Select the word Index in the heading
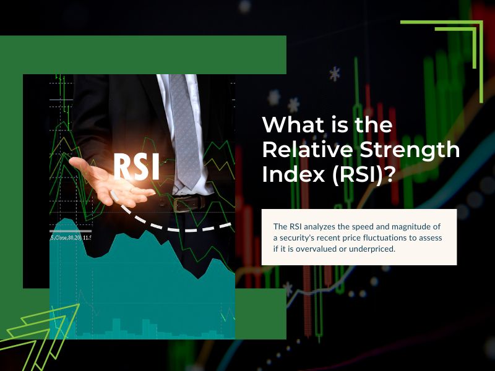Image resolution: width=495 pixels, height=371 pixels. click(x=293, y=174)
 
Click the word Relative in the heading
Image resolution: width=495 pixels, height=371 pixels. click(x=307, y=150)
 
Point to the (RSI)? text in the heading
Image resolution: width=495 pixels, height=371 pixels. click(x=363, y=175)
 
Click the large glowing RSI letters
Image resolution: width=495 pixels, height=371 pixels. click(x=136, y=167)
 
